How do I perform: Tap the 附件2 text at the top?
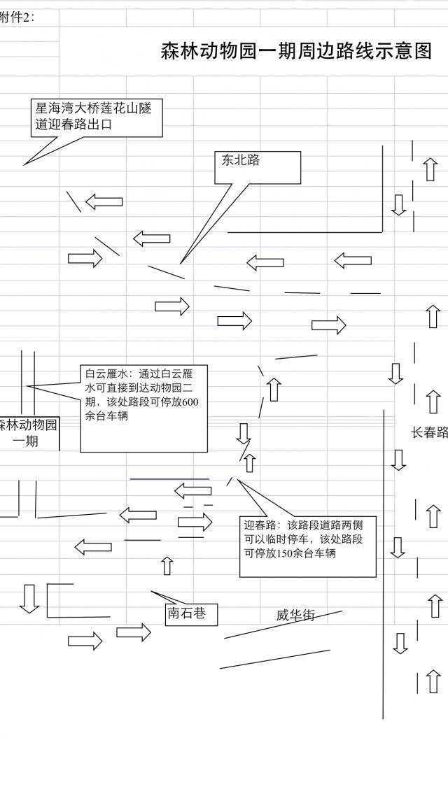pyautogui.click(x=17, y=17)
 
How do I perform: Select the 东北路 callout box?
pyautogui.click(x=257, y=167)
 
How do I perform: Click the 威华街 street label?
pyautogui.click(x=295, y=616)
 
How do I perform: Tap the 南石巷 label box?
pyautogui.click(x=190, y=614)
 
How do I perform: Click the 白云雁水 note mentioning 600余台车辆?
pyautogui.click(x=143, y=408)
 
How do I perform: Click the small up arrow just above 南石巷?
pyautogui.click(x=167, y=565)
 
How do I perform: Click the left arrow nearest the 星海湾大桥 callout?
pyautogui.click(x=104, y=202)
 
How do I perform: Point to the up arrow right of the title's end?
pyautogui.click(x=430, y=169)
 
